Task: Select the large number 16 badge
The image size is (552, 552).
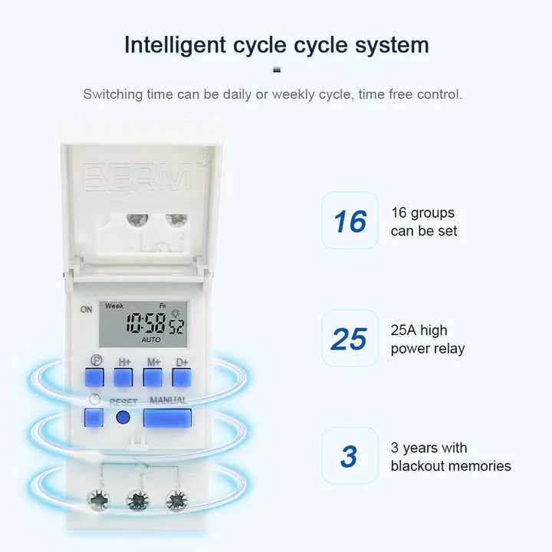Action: pos(350,221)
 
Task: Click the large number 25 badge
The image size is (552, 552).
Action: pos(350,338)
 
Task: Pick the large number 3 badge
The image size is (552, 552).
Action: pos(350,456)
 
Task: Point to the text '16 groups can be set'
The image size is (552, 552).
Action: pos(423,222)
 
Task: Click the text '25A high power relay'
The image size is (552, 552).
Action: pos(428,339)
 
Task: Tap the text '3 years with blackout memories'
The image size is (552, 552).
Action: pos(450,457)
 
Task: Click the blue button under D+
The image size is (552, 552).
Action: pos(181,377)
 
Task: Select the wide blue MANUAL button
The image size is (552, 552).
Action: pos(166,418)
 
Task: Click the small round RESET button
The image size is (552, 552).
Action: pos(122,418)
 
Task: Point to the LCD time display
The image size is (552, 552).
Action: pos(144,322)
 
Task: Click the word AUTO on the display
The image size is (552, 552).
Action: pos(152,339)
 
